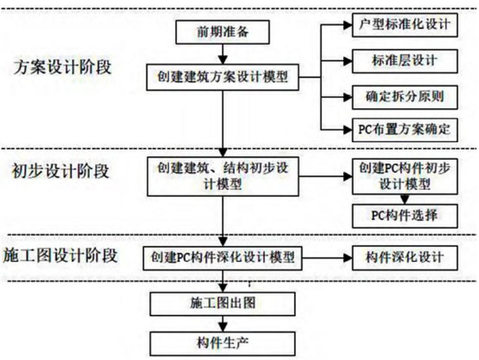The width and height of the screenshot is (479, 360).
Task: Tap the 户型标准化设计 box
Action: [403, 26]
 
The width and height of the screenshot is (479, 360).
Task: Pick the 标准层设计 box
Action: [403, 60]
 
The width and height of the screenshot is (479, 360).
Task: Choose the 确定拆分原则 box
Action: [403, 97]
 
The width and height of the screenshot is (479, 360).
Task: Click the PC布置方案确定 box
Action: [403, 129]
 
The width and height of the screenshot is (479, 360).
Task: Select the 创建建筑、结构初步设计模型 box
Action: [222, 176]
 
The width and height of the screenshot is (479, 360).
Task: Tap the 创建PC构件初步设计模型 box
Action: [403, 175]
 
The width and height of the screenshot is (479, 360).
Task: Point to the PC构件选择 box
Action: [403, 215]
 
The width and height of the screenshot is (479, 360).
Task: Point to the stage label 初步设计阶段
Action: [60, 170]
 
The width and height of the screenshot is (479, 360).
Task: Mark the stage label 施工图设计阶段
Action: [60, 255]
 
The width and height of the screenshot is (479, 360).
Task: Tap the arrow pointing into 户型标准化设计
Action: [335, 25]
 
